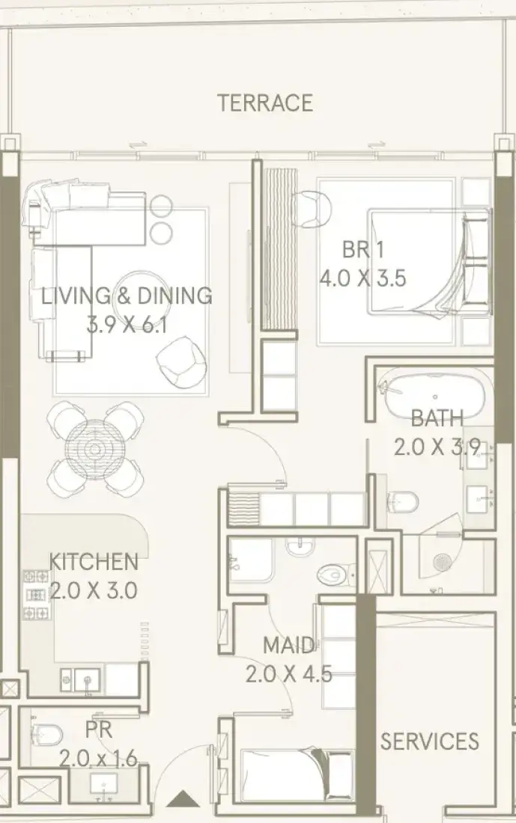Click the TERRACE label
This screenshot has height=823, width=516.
pyautogui.click(x=265, y=103)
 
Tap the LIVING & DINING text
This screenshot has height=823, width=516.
pyautogui.click(x=127, y=296)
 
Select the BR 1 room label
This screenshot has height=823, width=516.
pyautogui.click(x=362, y=249)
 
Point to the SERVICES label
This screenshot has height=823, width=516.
pyautogui.click(x=429, y=741)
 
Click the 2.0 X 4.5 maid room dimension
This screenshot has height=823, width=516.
pyautogui.click(x=288, y=674)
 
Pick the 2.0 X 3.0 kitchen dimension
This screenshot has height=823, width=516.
pyautogui.click(x=93, y=590)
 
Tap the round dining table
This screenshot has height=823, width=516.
pyautogui.click(x=95, y=450)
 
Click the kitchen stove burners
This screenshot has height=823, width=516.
pyautogui.click(x=36, y=595)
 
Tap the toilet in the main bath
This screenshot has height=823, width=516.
pyautogui.click(x=401, y=503)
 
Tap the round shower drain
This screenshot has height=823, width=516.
pyautogui.click(x=443, y=562)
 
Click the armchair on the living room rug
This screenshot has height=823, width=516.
pyautogui.click(x=180, y=362)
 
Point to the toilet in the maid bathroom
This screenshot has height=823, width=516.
pyautogui.click(x=333, y=575)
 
